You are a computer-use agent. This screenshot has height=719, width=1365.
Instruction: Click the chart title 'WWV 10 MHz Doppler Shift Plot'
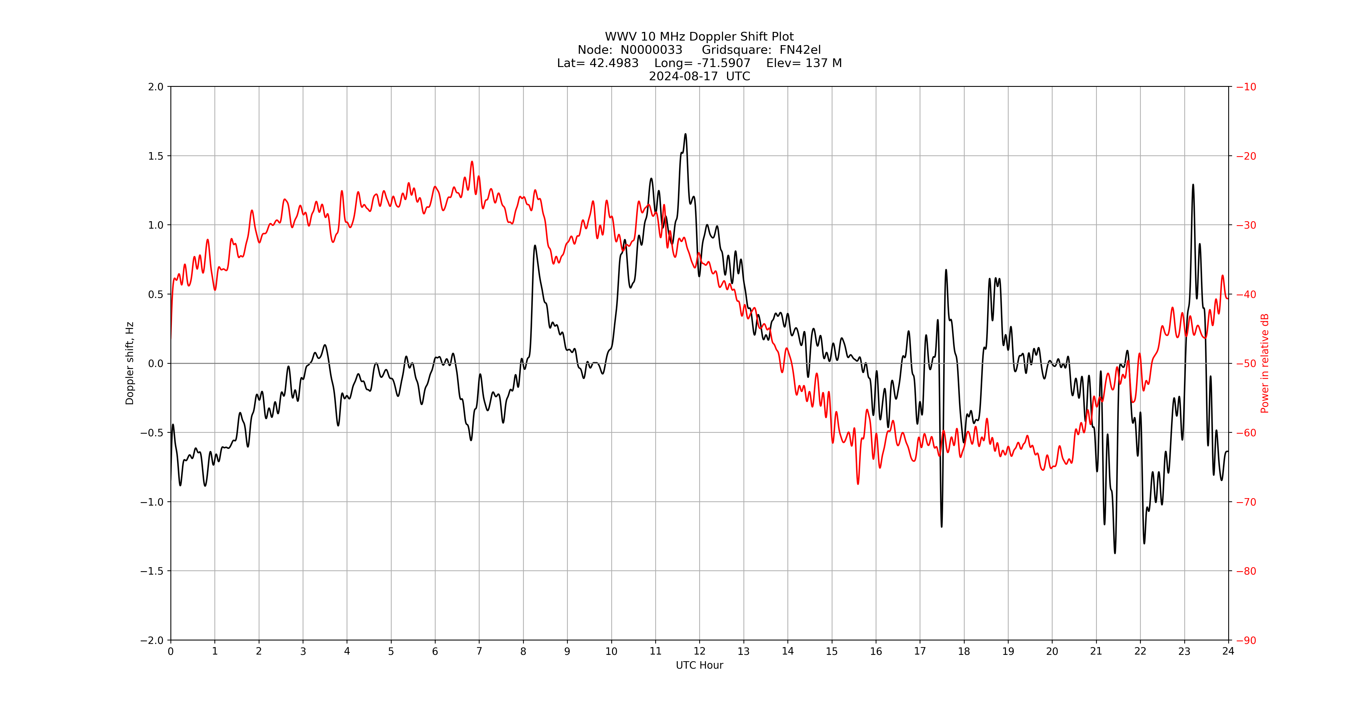[699, 37]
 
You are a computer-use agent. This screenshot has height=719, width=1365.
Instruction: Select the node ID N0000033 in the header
[651, 50]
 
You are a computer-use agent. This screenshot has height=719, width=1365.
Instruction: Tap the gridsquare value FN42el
[800, 50]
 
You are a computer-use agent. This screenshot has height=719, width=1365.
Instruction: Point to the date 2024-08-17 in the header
[683, 76]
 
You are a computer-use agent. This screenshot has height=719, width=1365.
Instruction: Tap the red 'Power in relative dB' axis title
[1265, 363]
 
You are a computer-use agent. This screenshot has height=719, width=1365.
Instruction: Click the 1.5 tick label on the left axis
[156, 156]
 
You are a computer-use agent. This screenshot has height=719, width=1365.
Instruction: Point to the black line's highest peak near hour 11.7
[685, 134]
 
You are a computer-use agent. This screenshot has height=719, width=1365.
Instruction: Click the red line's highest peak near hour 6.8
[472, 162]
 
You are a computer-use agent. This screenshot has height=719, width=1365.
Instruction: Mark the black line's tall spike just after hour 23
[1193, 185]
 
